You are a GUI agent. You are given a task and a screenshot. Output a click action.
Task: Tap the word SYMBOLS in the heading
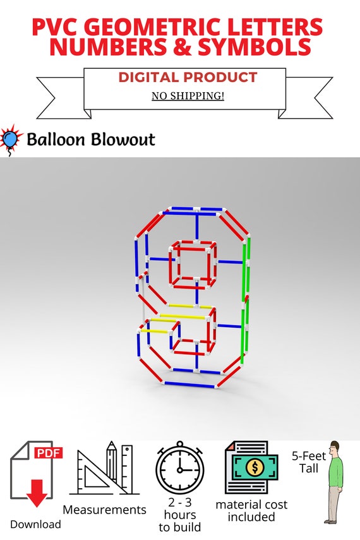click(255, 47)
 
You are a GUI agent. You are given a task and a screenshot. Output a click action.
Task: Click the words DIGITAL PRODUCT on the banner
click(188, 78)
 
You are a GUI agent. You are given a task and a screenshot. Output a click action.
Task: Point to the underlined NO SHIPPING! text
click(188, 95)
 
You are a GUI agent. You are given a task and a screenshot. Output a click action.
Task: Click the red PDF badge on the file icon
click(49, 452)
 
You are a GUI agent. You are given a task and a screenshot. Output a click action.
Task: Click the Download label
click(35, 524)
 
